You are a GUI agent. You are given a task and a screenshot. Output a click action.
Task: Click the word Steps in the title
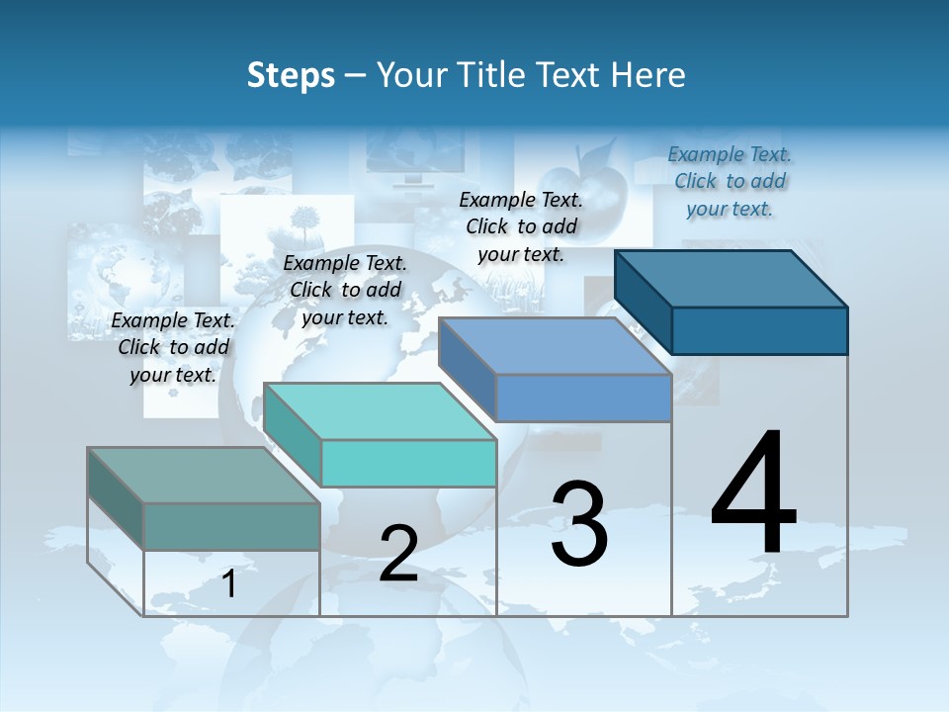coord(291,75)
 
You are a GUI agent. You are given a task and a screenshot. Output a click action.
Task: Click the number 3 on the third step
coord(579,524)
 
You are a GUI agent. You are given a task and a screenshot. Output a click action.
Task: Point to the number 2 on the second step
coord(398,554)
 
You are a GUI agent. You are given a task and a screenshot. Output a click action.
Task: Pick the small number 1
coord(229,584)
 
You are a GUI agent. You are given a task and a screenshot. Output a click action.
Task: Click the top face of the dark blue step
coord(732,279)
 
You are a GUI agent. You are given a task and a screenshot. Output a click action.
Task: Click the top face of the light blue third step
coord(556,346)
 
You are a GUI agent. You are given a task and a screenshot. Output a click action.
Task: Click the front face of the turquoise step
coord(408,463)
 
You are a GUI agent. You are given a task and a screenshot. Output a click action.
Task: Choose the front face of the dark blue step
coord(759,330)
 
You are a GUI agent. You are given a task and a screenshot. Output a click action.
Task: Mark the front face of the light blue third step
coord(583,398)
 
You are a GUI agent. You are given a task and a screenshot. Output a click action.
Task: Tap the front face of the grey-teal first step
coord(231,526)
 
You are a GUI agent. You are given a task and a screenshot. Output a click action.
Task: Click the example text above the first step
coord(173,347)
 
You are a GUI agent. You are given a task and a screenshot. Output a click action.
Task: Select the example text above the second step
coord(345,290)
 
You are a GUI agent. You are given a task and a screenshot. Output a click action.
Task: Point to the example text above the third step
coord(521,226)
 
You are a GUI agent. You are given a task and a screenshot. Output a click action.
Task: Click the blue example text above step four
coord(730,181)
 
